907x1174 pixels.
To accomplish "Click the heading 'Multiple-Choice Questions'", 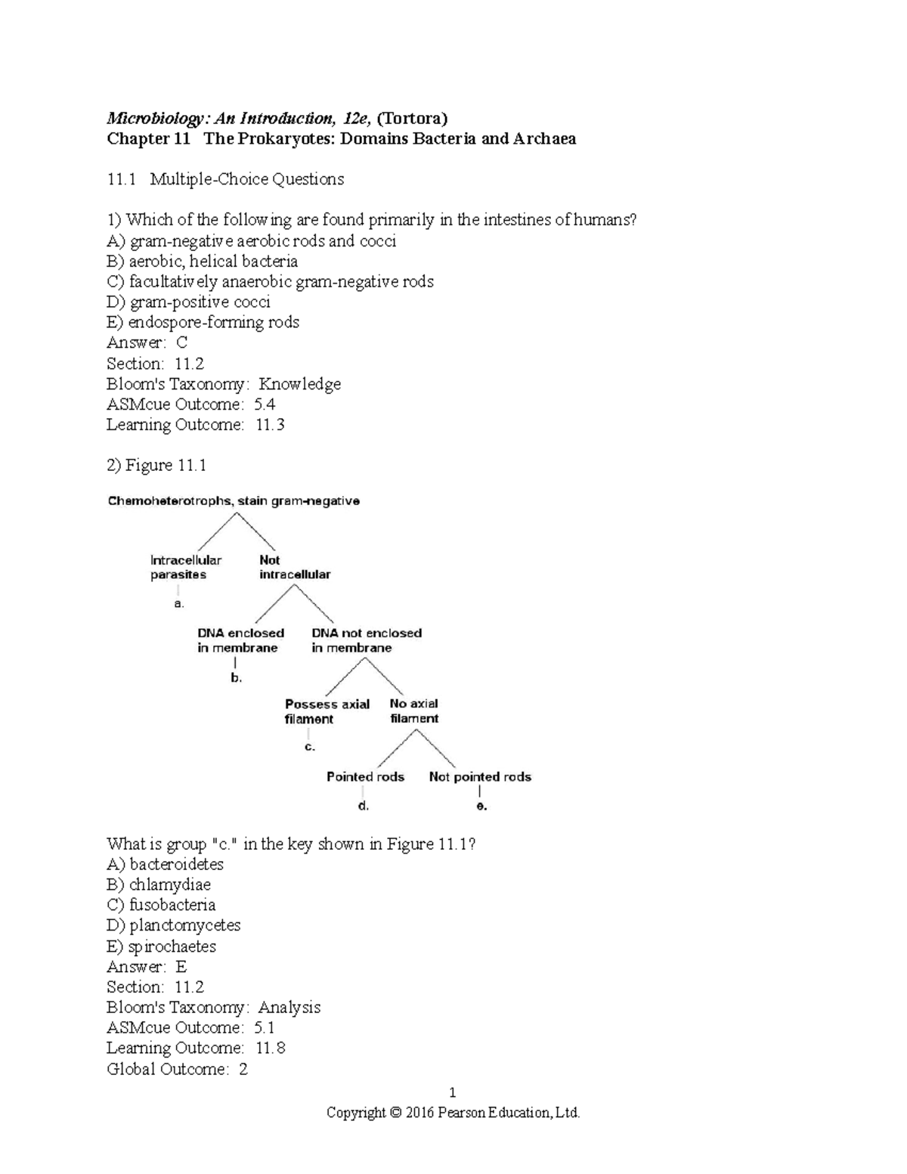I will pyautogui.click(x=246, y=179).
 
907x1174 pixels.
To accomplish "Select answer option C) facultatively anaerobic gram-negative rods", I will pyautogui.click(x=270, y=282).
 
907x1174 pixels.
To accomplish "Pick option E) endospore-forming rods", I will pyautogui.click(x=203, y=323).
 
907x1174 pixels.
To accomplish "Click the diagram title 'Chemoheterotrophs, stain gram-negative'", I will pyautogui.click(x=234, y=501).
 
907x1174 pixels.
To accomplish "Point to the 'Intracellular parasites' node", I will pyautogui.click(x=185, y=567).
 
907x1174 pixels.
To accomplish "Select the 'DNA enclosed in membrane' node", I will pyautogui.click(x=240, y=640).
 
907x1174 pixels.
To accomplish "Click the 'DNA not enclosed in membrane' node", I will pyautogui.click(x=367, y=640).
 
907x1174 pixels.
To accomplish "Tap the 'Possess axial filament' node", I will pyautogui.click(x=327, y=711).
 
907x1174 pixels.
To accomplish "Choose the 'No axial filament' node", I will pyautogui.click(x=413, y=711).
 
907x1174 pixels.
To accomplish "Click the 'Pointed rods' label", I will pyautogui.click(x=365, y=777).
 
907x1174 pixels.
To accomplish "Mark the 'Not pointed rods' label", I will pyautogui.click(x=480, y=777).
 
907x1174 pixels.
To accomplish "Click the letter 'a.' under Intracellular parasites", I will pyautogui.click(x=178, y=604).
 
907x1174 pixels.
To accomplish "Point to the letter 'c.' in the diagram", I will pyautogui.click(x=309, y=747).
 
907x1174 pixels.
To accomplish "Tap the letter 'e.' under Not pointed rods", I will pyautogui.click(x=481, y=807).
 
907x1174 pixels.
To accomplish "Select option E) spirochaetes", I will pyautogui.click(x=161, y=946).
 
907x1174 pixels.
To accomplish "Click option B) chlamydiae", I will pyautogui.click(x=159, y=884).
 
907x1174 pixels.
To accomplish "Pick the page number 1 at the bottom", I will pyautogui.click(x=452, y=1092).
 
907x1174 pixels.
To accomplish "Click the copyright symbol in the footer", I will pyautogui.click(x=395, y=1113).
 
